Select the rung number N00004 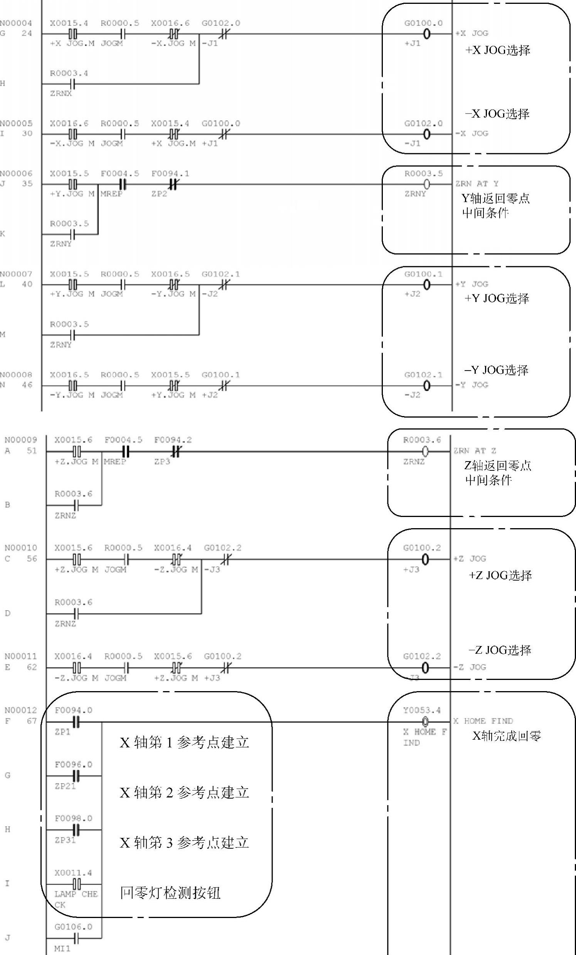16,23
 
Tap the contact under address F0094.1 173,184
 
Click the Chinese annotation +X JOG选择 498,50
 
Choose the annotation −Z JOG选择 500,650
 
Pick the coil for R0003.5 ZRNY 426,184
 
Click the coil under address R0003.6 425,451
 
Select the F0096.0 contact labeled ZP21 76,776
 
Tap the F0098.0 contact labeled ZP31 76,830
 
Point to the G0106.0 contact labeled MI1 76,938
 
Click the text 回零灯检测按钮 170,893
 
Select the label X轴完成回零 506,736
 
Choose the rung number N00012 20,710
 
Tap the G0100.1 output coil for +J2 426,285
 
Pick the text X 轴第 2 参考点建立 184,792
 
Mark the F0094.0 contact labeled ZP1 76,722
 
